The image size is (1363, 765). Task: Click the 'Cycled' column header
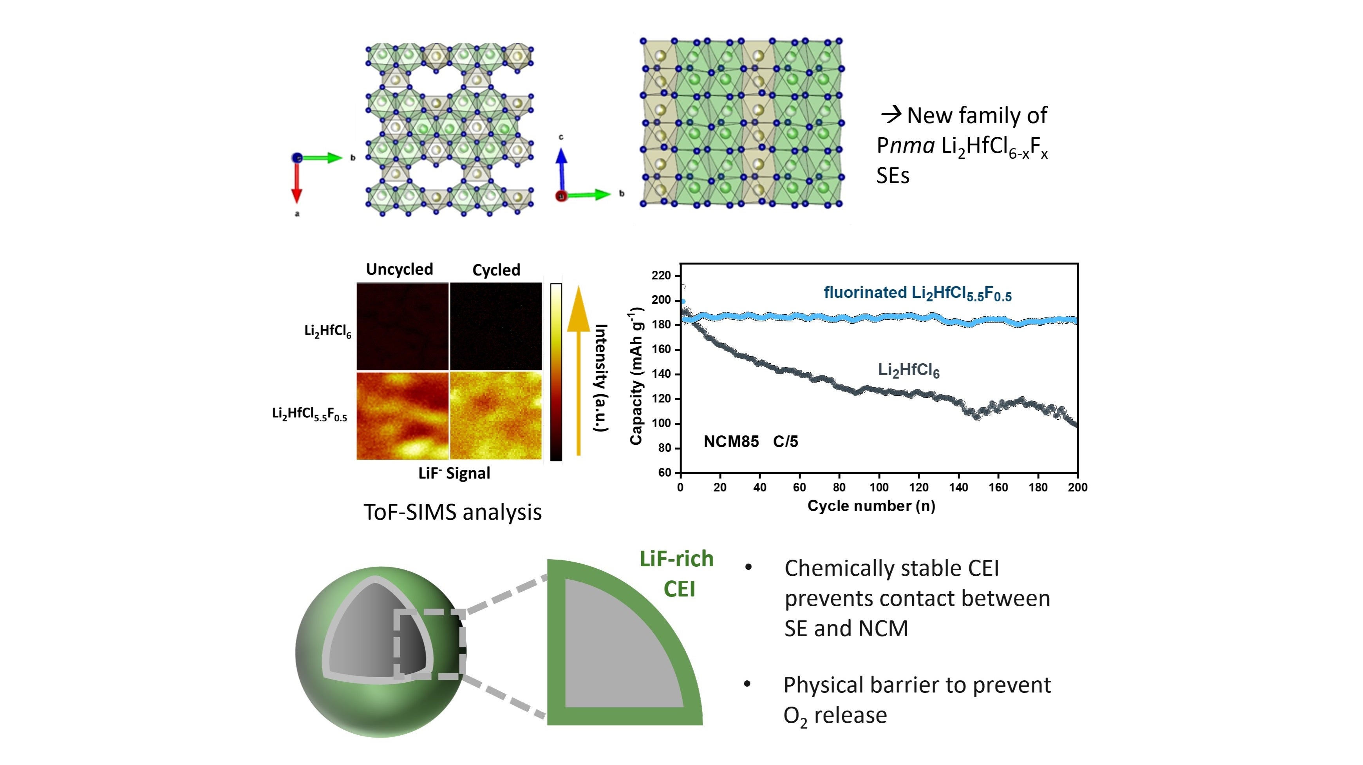point(496,270)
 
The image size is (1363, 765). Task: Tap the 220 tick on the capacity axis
point(661,275)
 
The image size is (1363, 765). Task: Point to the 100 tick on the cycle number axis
point(879,487)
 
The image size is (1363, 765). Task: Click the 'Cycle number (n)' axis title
point(871,506)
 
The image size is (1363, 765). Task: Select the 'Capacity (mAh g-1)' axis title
point(636,376)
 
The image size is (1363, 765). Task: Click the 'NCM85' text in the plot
point(731,442)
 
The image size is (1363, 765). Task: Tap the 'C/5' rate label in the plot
point(785,442)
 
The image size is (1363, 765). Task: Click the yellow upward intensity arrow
point(578,371)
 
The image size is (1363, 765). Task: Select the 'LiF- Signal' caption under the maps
point(454,473)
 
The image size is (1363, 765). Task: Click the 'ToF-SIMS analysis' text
point(452,512)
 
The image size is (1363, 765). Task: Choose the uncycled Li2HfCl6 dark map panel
point(402,326)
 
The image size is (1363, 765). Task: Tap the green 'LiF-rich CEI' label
point(677,573)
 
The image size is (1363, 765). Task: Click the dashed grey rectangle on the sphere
point(430,644)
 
